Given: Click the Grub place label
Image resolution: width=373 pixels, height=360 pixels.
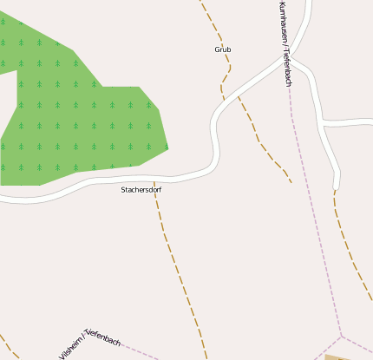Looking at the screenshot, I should pos(223,49).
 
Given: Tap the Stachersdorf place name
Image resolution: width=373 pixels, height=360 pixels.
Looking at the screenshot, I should pos(141,189).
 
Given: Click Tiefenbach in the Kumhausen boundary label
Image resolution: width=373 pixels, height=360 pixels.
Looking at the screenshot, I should pos(287,69).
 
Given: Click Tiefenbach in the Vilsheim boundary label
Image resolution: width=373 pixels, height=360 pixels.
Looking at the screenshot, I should pos(104,338).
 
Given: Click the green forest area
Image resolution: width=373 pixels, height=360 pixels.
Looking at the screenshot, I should pos(78,113).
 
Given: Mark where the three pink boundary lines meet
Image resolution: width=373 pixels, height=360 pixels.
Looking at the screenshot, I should pos(342,336).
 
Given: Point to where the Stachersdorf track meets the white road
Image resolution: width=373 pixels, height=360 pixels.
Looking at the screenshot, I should pos(154,180).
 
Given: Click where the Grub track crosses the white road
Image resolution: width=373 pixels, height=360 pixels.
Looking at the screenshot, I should pos(224,98).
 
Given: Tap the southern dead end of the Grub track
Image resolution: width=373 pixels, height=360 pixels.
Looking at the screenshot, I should pos(291,182).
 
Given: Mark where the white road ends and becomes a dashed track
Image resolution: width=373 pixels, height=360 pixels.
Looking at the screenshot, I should pos(335,188).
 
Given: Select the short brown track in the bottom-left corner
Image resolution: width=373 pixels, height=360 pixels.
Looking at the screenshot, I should pos(7,342).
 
